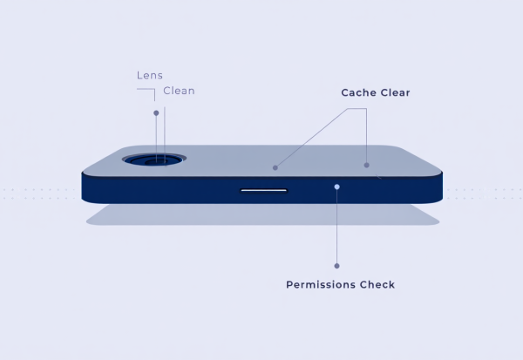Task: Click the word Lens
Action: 150,76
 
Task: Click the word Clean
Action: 179,91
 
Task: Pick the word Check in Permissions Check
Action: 377,284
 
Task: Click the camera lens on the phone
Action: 154,160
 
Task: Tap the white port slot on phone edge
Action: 263,191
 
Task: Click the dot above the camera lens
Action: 156,113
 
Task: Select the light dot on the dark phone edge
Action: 336,187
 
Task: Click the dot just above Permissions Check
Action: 336,266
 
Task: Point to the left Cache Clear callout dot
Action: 275,168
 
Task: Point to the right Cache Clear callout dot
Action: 367,165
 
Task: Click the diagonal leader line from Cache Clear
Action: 311,138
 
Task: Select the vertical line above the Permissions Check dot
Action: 336,227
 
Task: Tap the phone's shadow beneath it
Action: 262,214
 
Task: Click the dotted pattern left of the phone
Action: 39,194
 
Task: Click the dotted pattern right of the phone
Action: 485,194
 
